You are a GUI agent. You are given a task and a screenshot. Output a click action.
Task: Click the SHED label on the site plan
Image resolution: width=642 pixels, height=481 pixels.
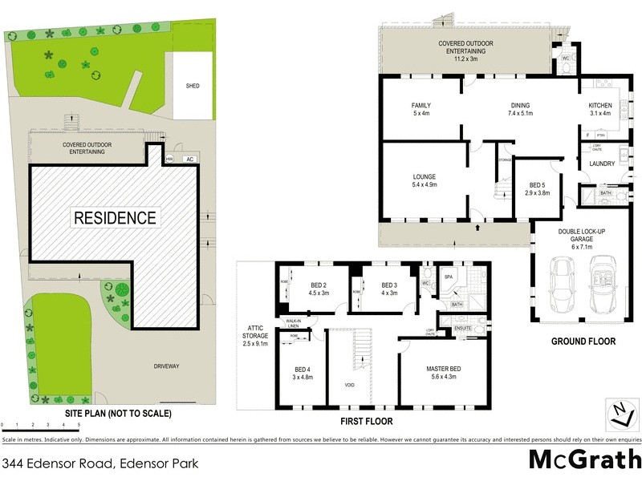[192, 86]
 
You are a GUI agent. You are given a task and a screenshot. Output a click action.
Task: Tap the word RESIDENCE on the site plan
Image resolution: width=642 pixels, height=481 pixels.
[116, 217]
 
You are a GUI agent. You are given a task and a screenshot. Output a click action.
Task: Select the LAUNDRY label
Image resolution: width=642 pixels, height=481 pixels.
[602, 164]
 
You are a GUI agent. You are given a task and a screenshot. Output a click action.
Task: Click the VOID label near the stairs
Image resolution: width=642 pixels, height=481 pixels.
[351, 385]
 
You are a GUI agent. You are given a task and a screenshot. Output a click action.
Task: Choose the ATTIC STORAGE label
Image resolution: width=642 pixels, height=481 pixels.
[257, 339]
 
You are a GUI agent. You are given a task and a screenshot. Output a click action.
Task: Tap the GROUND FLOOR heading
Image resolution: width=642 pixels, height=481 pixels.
[583, 342]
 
